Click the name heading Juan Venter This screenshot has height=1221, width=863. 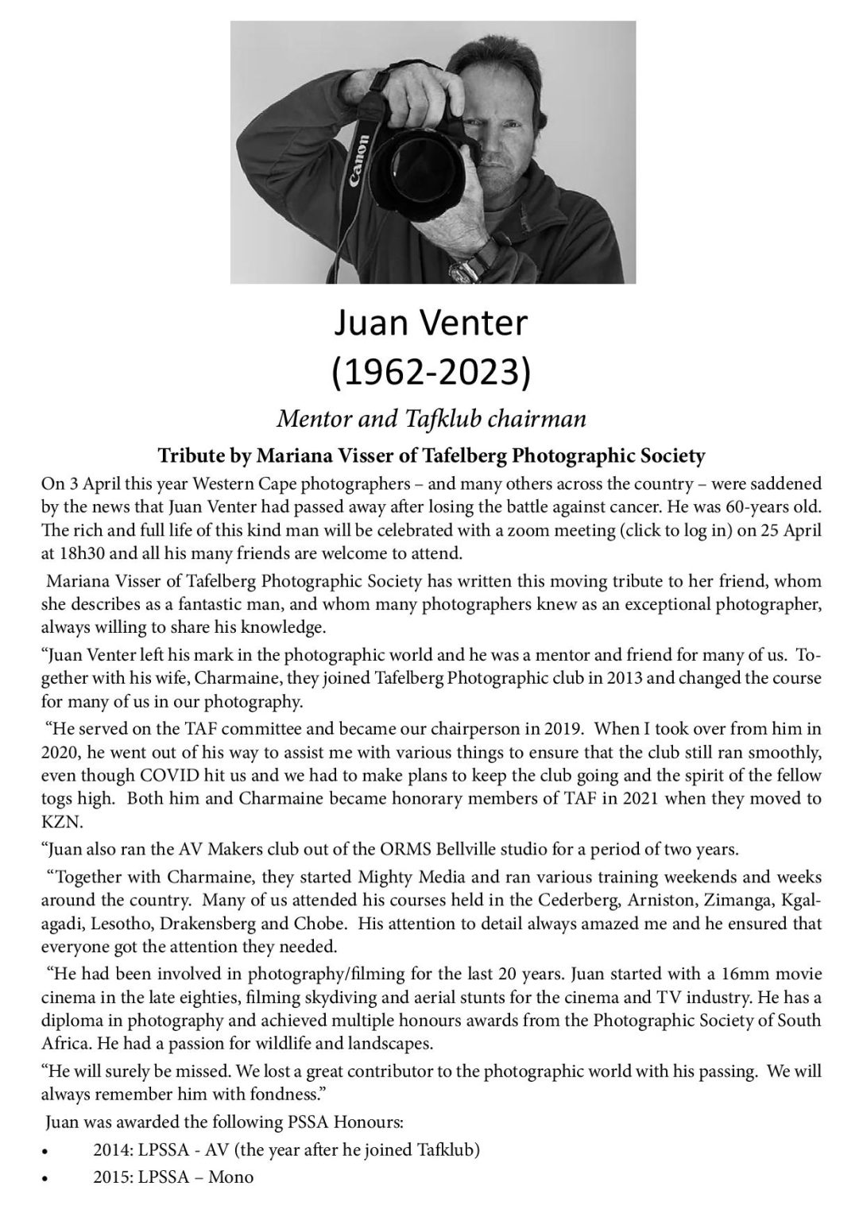click(x=431, y=324)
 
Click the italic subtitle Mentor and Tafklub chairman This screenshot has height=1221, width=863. click(x=431, y=419)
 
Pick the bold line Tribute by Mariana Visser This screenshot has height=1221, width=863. click(x=431, y=456)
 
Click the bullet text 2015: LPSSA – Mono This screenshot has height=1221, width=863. click(x=173, y=1177)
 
